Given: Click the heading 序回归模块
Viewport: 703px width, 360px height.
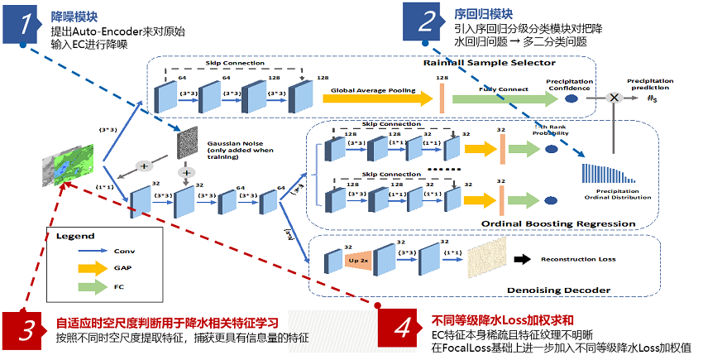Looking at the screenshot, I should point(484,14).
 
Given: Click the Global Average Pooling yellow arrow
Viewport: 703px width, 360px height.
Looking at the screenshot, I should point(376,98).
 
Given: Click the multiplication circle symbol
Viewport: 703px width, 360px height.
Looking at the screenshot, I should point(615,98).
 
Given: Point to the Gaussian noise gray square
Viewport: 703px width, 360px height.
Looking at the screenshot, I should point(189,144).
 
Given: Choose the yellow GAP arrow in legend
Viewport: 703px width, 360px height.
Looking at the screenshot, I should point(98,267).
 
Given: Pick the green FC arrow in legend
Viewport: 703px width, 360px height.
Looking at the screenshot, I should point(98,286).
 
